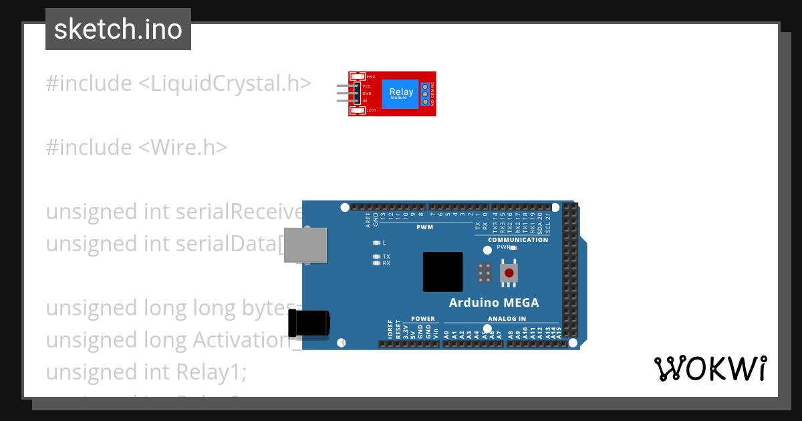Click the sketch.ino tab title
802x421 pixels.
(x=118, y=29)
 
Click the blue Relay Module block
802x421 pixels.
(x=401, y=94)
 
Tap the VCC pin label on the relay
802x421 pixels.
(x=367, y=86)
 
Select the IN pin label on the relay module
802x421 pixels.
(x=365, y=101)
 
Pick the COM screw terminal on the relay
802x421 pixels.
(x=424, y=94)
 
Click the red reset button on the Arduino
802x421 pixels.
(x=509, y=273)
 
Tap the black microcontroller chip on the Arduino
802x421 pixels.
(x=442, y=272)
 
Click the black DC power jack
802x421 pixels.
(x=308, y=323)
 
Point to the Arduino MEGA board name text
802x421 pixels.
(x=493, y=303)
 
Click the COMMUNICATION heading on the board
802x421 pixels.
(x=518, y=240)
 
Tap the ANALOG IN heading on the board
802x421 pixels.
(x=507, y=319)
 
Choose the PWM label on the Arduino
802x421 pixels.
(x=424, y=227)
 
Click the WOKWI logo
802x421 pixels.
(x=710, y=368)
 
